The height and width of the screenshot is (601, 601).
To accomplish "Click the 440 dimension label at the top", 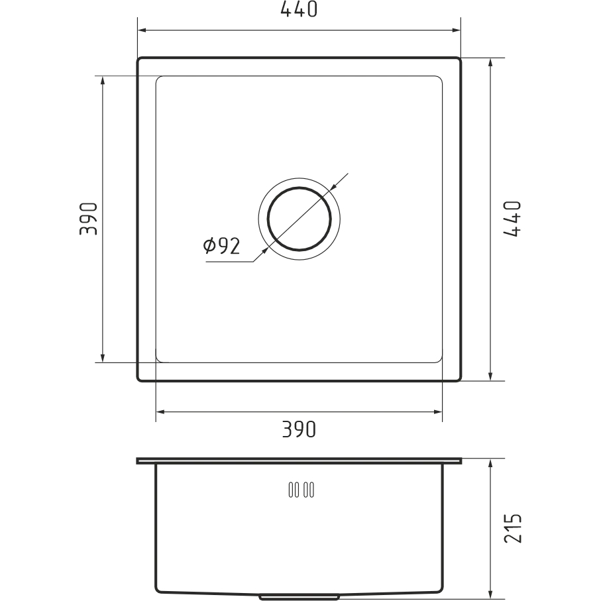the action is [x=299, y=9].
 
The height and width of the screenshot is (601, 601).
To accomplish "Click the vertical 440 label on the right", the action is [x=512, y=219].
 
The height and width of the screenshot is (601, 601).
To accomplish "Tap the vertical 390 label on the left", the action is [x=89, y=219].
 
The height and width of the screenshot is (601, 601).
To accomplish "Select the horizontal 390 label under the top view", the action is [x=299, y=429].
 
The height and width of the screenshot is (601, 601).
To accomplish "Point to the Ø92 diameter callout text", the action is [x=221, y=246].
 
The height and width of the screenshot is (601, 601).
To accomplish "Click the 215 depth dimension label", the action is [x=512, y=528].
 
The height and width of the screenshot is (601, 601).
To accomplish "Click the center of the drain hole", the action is [x=299, y=219].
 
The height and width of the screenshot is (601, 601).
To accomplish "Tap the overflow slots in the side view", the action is [x=301, y=490].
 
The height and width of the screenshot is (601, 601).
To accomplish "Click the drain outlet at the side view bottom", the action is [x=299, y=597].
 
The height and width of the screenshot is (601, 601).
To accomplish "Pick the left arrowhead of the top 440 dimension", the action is [x=142, y=30].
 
